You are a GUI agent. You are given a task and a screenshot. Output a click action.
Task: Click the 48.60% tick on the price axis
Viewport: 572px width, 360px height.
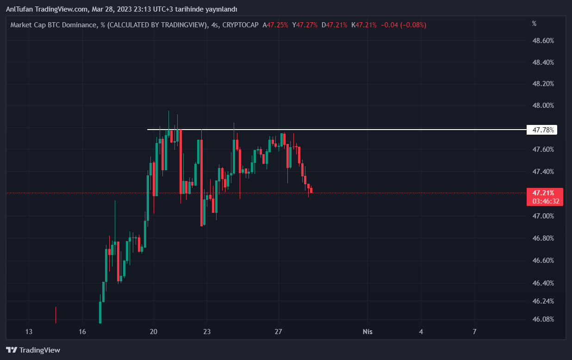point(543,41)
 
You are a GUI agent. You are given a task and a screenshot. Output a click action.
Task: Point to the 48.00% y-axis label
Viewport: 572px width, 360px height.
point(543,106)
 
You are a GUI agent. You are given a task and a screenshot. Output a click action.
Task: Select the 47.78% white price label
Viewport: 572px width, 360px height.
point(543,130)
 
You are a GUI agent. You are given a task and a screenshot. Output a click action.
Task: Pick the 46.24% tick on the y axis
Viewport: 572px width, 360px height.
point(543,301)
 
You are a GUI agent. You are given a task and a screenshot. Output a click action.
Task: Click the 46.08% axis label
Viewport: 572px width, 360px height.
point(543,319)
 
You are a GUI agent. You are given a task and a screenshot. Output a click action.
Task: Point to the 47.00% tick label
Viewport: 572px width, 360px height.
point(543,216)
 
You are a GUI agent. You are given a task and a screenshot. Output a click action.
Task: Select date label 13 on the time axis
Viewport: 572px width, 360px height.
point(29,332)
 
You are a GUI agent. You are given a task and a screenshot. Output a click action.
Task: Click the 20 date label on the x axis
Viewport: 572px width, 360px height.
point(154,332)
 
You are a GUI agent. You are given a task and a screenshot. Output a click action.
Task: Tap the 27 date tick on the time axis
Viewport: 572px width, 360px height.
point(278,332)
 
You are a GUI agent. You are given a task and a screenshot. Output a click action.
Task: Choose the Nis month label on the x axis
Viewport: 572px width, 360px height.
point(367,332)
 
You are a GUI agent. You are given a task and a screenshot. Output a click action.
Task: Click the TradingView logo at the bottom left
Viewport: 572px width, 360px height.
point(33,350)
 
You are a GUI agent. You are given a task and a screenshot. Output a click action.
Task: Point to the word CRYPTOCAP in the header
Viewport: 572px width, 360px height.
point(240,25)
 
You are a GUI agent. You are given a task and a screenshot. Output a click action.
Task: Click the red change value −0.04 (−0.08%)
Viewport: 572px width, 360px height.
point(403,25)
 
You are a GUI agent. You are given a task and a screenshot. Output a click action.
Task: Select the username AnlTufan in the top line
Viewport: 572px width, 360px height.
point(19,9)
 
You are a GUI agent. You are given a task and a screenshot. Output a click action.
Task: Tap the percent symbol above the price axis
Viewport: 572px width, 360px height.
point(534,23)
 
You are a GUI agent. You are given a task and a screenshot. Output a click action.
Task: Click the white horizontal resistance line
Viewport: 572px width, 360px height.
point(324,130)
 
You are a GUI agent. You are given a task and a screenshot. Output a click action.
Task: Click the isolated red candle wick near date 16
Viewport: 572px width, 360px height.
point(56,315)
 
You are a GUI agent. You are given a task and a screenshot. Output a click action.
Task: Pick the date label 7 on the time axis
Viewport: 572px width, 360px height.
point(474,332)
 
